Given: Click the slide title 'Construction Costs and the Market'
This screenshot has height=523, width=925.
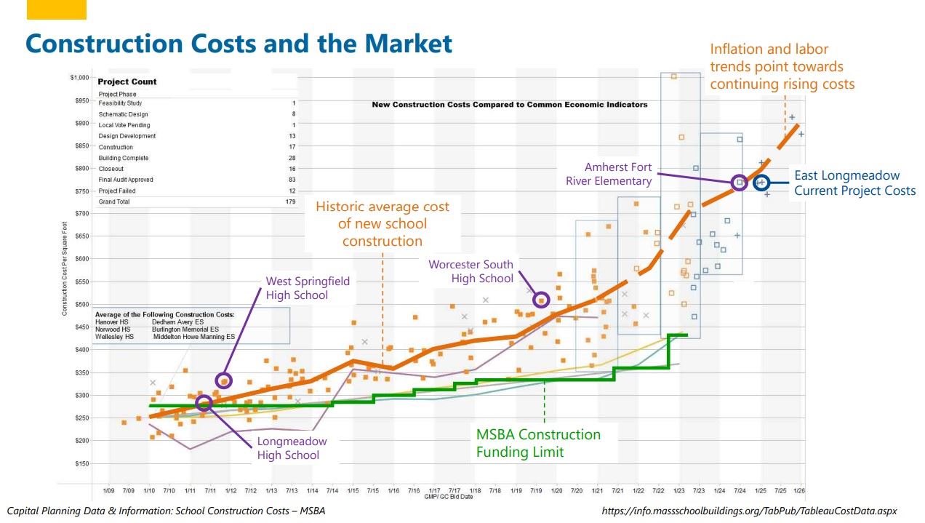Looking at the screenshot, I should [239, 44].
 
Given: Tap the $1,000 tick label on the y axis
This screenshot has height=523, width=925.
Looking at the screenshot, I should [79, 77].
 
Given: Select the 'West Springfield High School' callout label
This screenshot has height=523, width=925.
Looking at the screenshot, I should [307, 288].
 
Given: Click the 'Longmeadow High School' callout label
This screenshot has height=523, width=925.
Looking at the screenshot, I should [292, 448].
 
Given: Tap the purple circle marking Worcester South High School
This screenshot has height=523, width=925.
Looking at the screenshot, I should [541, 300].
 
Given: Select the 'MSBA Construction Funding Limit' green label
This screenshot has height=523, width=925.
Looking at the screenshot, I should [538, 443].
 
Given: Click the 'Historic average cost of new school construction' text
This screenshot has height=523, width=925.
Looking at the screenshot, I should [382, 223].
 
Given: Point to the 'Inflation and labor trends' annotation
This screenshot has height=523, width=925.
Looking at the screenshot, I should [782, 66].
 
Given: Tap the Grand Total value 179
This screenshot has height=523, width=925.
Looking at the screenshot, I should [290, 201].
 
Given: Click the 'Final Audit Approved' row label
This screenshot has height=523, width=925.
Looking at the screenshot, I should [126, 180].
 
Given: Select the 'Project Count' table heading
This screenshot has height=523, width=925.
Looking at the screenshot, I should [127, 81].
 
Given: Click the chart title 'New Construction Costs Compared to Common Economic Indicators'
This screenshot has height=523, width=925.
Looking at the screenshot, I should [509, 105].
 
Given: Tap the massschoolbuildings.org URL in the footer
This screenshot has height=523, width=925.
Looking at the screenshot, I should [749, 511].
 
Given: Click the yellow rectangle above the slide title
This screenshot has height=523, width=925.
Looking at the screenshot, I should [56, 9].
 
